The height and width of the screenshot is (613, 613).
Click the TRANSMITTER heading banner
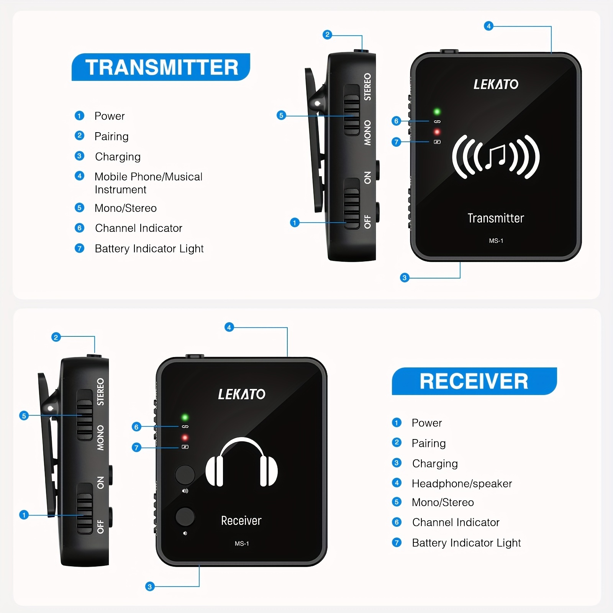161,67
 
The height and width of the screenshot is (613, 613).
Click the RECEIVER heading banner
474,381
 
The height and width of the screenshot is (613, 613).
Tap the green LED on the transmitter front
437,112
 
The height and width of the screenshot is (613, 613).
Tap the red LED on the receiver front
185,438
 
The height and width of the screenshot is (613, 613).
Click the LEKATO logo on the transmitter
496,84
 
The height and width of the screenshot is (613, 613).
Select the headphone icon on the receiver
242,462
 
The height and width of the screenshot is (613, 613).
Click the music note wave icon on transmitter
496,157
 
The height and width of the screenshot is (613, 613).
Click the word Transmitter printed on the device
496,218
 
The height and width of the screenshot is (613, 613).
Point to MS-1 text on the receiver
242,543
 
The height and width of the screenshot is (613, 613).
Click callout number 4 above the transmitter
488,26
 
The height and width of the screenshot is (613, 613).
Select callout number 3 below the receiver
150,587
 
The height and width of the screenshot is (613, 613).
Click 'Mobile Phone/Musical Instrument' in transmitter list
148,183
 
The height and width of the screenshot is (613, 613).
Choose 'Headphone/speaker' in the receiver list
462,484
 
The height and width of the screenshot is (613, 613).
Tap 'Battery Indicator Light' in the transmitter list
149,249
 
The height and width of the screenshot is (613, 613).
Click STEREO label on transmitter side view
367,87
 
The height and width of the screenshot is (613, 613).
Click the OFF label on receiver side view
100,526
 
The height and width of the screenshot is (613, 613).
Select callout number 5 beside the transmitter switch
281,115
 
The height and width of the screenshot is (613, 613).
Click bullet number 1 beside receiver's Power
397,423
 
